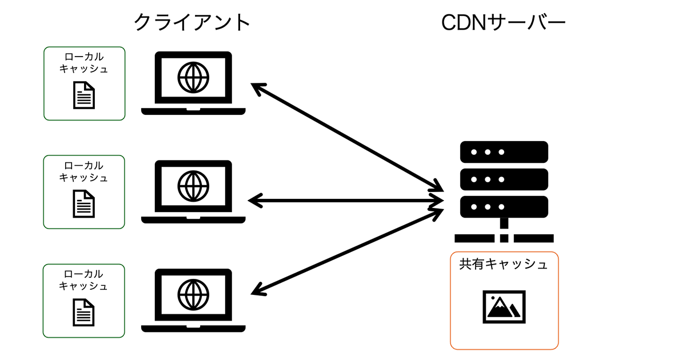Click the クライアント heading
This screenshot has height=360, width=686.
192,23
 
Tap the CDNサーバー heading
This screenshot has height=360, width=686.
503,23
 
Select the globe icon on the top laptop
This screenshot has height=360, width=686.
193,77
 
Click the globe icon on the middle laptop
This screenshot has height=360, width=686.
193,185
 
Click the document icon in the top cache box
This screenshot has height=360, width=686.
84,95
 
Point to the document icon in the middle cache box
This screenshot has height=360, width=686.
84,203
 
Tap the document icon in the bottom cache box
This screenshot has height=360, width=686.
84,312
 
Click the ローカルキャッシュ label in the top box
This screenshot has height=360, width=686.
84,63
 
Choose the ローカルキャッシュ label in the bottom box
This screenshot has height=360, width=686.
84,280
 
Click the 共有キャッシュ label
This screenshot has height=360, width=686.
504,265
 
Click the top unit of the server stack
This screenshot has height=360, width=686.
504,152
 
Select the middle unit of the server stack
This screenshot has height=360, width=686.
504,179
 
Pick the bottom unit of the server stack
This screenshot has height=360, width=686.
504,206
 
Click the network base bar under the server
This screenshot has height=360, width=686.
504,238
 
